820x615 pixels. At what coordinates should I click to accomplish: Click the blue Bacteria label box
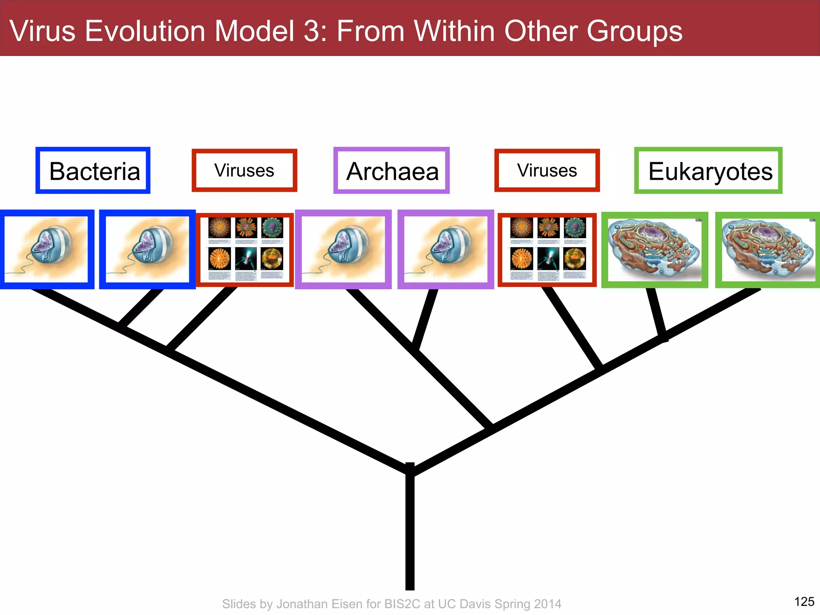click(93, 171)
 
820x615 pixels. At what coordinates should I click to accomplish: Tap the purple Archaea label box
click(392, 171)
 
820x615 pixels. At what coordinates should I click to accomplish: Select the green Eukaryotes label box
click(708, 171)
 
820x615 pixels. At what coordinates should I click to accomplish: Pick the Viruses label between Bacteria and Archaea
click(244, 171)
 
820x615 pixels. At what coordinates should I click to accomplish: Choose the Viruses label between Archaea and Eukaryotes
click(547, 171)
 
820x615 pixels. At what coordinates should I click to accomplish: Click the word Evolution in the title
click(145, 31)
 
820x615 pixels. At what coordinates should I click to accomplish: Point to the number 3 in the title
click(311, 31)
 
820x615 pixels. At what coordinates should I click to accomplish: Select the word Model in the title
click(255, 31)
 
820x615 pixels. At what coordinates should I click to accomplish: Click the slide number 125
click(804, 601)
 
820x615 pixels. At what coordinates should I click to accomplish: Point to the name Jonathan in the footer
click(308, 604)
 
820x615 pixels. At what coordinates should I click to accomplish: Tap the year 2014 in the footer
click(547, 604)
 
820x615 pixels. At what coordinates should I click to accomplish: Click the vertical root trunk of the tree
click(410, 533)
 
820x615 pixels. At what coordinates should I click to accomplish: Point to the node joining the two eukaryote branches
click(663, 336)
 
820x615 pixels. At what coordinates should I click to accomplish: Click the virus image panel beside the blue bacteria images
click(245, 250)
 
